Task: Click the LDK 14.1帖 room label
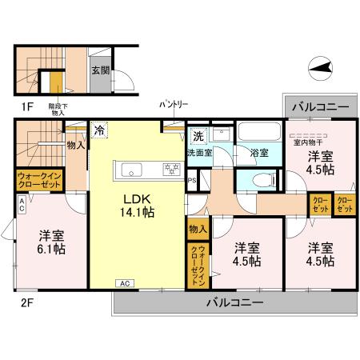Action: pos(138,205)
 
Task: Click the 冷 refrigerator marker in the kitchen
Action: pos(100,129)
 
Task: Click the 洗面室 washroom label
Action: pos(199,152)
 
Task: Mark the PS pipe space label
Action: pos(191,180)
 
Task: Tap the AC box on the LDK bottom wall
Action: pos(125,283)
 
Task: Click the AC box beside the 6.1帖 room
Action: pos(21,204)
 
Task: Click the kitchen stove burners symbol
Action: pos(171,168)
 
